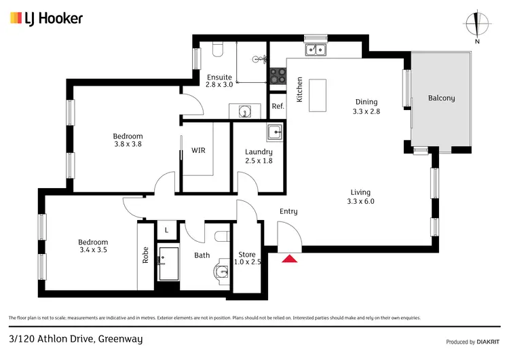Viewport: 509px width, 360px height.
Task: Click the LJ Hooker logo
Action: click(46, 18)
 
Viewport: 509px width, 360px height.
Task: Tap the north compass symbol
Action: click(478, 25)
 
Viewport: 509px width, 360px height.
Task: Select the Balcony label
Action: click(441, 98)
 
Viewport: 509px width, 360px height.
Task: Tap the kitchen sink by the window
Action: click(316, 49)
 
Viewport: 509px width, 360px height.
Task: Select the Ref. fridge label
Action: click(278, 106)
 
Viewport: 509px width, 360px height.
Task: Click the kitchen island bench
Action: click(317, 95)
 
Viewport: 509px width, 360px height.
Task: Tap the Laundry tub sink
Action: click(274, 132)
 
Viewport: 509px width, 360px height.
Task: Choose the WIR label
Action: click(198, 150)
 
